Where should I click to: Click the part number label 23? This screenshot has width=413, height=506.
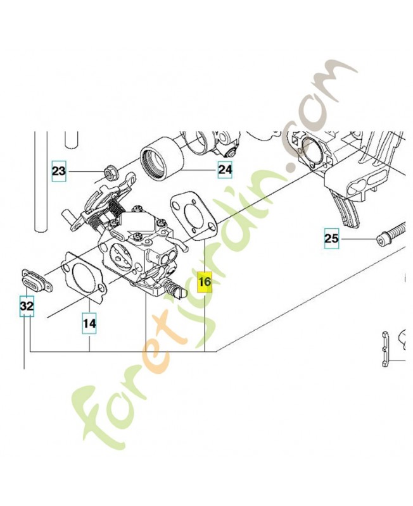click(x=59, y=171)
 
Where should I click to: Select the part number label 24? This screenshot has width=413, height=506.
click(x=225, y=170)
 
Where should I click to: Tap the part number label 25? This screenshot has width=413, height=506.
click(x=331, y=238)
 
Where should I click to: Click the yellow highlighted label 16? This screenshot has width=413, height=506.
click(x=205, y=281)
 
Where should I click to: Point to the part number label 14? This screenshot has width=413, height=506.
click(x=89, y=323)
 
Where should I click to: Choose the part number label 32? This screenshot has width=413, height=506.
click(x=27, y=306)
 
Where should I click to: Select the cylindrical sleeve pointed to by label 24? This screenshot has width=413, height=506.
click(x=162, y=159)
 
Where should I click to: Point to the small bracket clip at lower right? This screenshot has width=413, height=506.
click(x=384, y=349)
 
